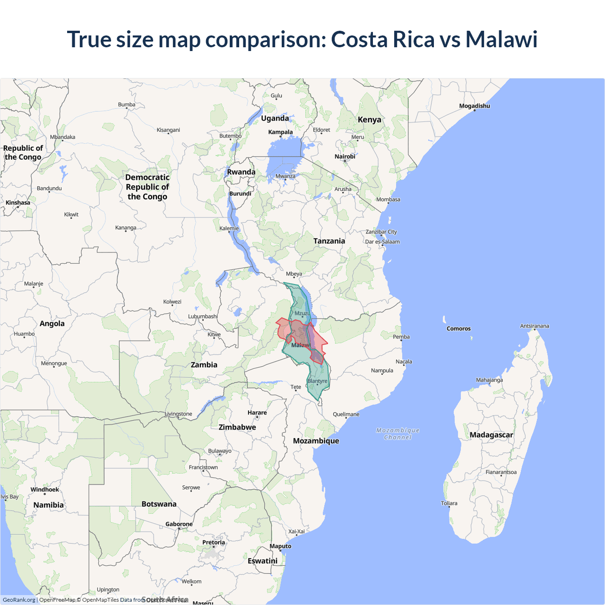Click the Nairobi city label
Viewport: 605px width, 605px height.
pos(345,156)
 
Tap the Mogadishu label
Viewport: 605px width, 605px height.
pos(474,106)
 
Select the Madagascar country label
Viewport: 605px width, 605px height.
pos(491,435)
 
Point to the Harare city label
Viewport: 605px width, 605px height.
pos(257,413)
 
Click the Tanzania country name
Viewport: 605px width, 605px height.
pos(329,241)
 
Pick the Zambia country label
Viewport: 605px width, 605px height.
pos(204,365)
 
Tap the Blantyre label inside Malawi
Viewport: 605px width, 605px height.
pos(317,381)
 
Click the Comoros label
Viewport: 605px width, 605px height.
pos(458,328)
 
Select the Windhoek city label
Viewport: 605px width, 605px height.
pos(45,490)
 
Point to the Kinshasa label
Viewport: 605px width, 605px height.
pos(18,203)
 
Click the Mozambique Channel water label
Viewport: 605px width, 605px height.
pos(398,434)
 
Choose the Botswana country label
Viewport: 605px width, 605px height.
pos(159,504)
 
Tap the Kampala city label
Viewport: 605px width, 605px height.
pos(280,132)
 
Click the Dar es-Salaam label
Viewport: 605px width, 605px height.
pos(382,242)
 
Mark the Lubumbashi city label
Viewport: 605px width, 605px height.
pos(203,316)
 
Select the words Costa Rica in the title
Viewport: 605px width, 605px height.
pos(382,39)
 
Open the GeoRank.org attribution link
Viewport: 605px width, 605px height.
pos(19,600)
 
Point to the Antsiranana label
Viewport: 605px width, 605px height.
pos(534,326)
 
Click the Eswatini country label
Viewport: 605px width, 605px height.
pos(262,561)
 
